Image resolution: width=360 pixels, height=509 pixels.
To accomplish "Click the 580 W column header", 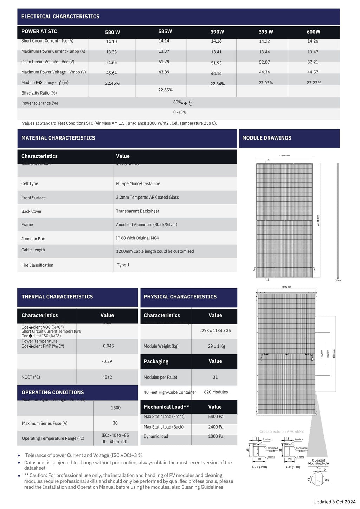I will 112,32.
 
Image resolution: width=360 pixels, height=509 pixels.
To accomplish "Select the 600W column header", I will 313,32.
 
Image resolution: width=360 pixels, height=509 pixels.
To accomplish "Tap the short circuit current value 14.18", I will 216,41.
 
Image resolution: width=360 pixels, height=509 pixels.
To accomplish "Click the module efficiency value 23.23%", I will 314,83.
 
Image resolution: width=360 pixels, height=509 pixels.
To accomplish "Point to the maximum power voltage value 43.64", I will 111,73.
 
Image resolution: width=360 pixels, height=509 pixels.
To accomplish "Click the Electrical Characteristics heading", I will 60,17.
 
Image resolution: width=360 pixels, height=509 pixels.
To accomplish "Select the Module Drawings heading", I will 266,138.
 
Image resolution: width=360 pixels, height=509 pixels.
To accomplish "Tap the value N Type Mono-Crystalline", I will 138,184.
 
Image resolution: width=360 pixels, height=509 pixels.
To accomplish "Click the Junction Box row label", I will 33,239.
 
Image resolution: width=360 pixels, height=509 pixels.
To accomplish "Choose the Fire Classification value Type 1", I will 123,265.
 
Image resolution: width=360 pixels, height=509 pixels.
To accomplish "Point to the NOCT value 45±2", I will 107,377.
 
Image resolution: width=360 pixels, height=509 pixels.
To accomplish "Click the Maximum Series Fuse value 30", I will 115,423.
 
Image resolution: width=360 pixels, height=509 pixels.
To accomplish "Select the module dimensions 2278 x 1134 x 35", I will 215,331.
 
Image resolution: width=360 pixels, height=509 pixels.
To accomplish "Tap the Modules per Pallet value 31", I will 215,377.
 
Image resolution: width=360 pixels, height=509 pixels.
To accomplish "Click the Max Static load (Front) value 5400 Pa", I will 216,417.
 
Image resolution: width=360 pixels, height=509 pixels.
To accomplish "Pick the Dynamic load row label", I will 156,437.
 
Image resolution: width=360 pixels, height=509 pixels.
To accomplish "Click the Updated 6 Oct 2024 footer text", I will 334,502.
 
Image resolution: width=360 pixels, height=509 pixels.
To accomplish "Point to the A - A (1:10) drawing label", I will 259,467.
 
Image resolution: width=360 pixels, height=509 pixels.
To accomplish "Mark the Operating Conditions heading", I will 53,393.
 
